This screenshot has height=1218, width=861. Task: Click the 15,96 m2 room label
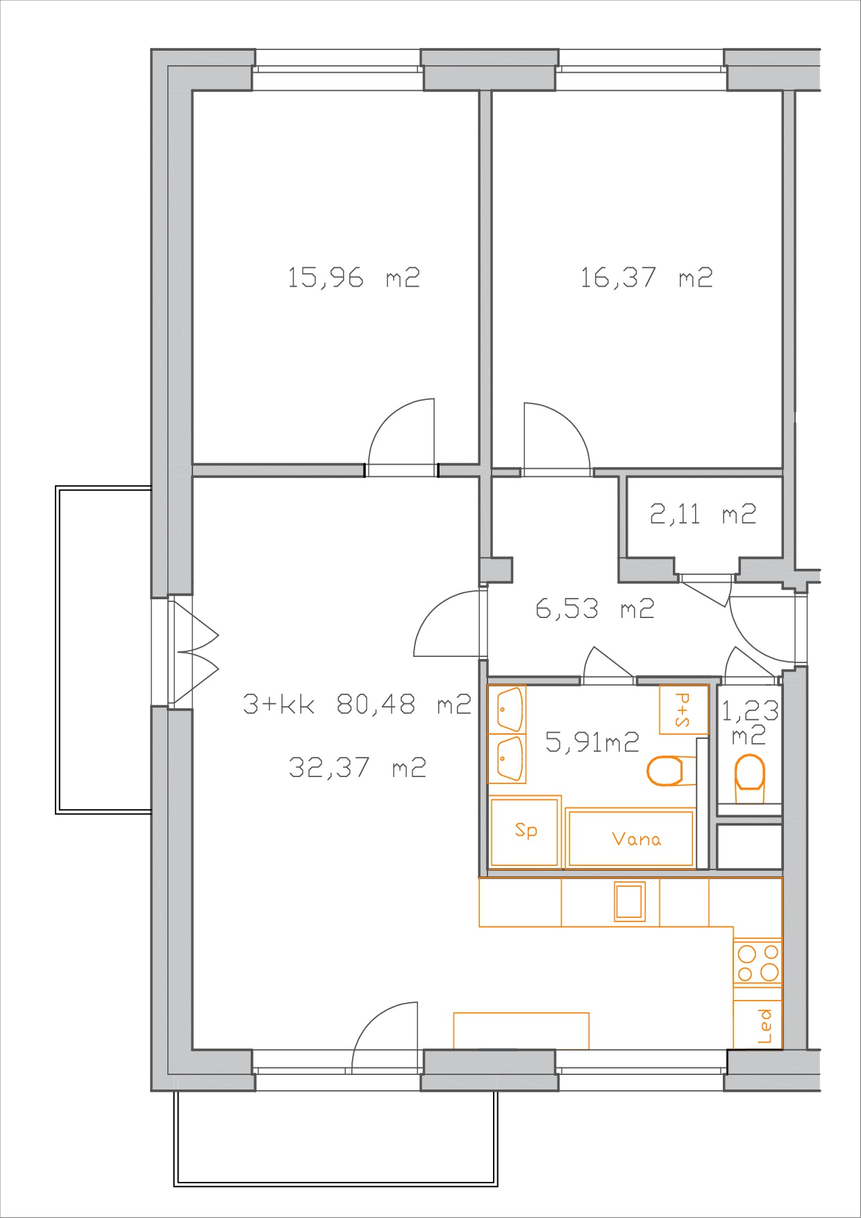point(353,278)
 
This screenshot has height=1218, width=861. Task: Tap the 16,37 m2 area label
point(646,278)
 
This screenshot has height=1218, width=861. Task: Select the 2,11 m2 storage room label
point(703,514)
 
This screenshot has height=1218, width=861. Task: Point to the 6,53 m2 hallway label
point(595,609)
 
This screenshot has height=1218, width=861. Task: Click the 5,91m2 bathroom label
point(592,742)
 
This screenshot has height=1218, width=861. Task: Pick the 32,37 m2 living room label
point(357,767)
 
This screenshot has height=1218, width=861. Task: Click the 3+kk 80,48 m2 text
point(357,704)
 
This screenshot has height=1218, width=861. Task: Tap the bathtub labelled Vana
point(630,838)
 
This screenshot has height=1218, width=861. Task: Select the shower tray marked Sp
point(525,832)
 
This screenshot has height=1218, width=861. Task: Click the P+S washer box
point(684,710)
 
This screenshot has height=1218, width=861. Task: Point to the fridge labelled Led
point(758,1025)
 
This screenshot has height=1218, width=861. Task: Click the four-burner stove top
point(758,963)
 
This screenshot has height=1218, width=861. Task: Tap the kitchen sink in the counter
point(630,901)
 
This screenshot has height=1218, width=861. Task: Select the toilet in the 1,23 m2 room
point(749,774)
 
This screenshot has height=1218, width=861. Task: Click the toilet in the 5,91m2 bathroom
point(665,770)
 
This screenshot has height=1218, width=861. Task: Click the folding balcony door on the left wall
point(197,653)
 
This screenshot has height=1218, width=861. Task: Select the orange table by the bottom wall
point(521,1031)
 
